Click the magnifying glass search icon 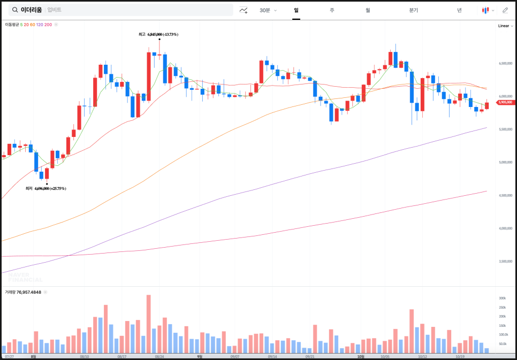pos(15,10)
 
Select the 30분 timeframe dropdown pos(268,10)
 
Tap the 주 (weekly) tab pos(332,10)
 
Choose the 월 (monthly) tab pos(368,10)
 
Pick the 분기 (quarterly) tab pos(413,10)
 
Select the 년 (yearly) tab pos(459,10)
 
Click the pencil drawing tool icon pos(505,10)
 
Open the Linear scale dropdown pos(505,26)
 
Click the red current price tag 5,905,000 pos(505,102)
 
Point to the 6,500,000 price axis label pos(506,63)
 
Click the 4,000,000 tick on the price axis pos(506,228)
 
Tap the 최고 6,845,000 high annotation pos(158,34)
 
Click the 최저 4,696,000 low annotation pos(46,188)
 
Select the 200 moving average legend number pos(48,25)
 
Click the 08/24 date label pos(159,356)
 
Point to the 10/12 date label pos(422,356)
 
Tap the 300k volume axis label pos(503,298)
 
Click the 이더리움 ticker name pos(31,10)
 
